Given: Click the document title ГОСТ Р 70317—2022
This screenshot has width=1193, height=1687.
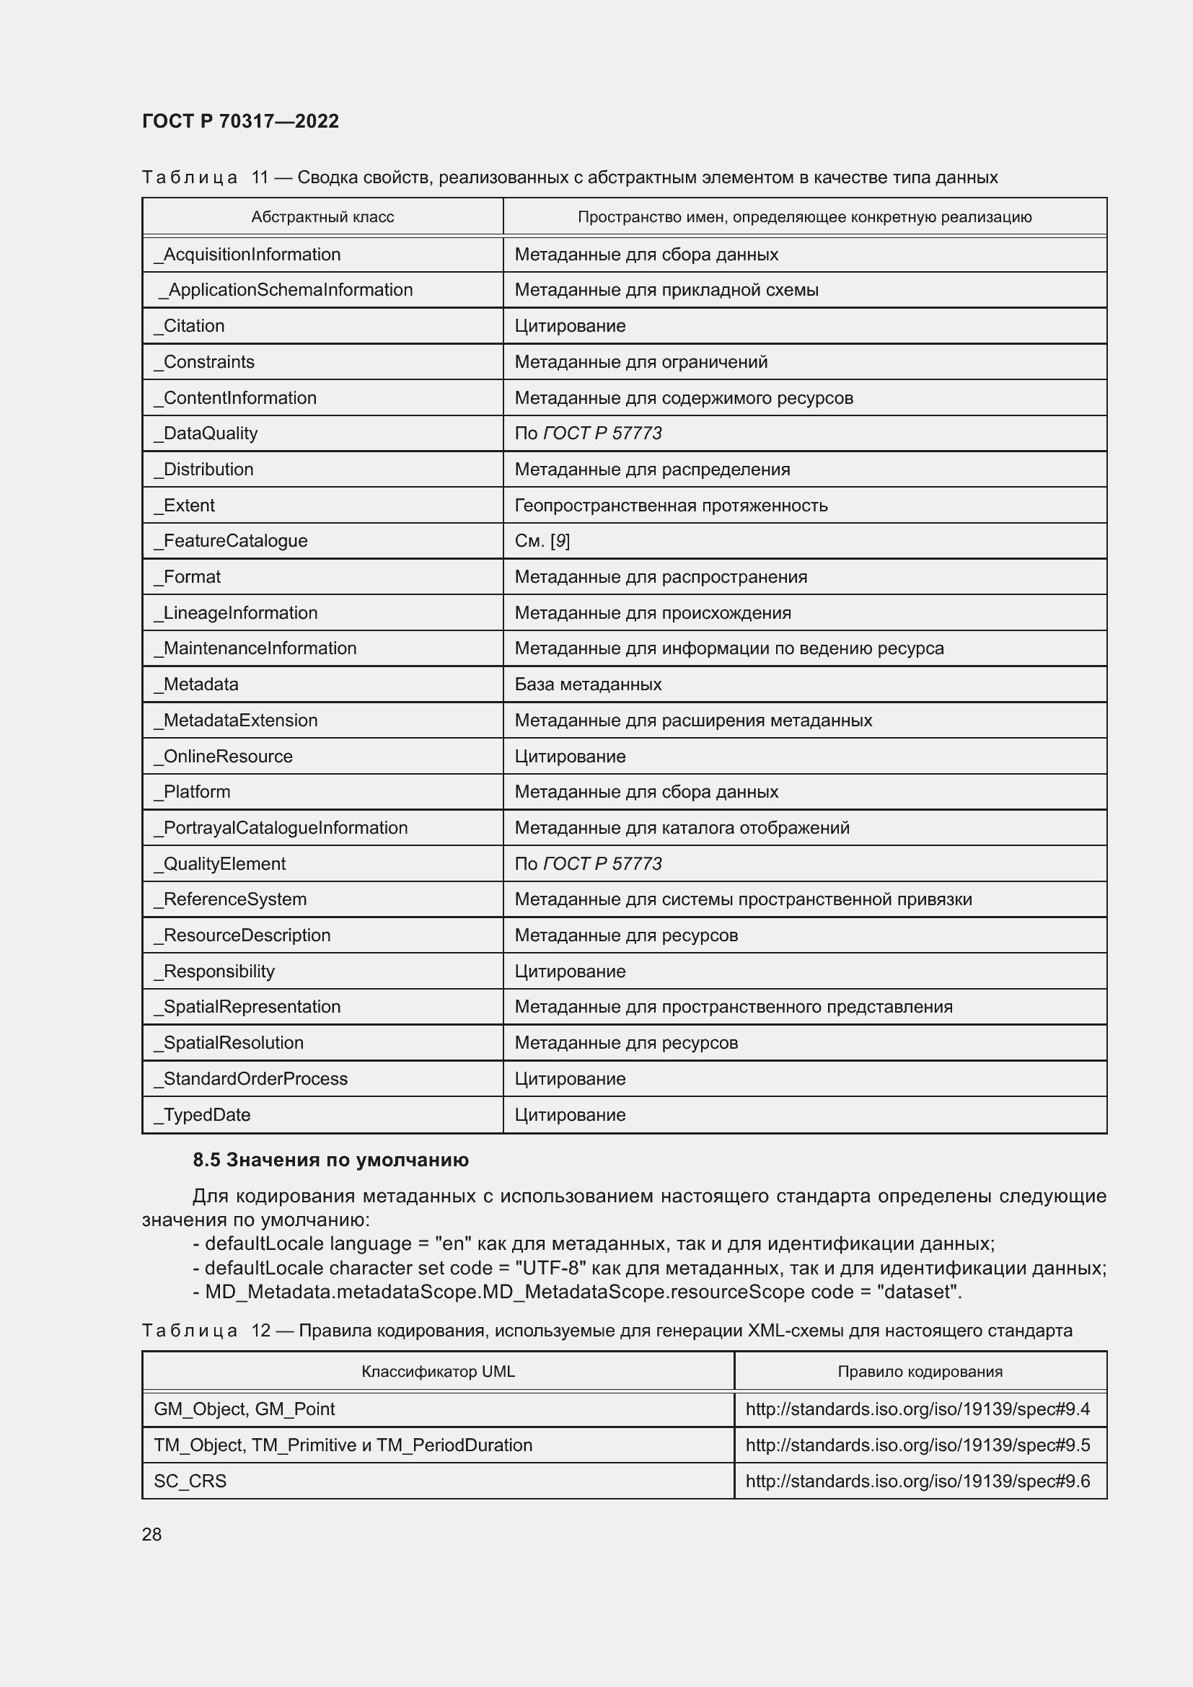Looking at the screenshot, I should (x=240, y=121).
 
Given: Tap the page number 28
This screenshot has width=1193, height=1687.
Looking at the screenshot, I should (x=151, y=1534).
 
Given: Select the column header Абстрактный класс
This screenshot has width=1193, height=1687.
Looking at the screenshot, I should (x=322, y=217).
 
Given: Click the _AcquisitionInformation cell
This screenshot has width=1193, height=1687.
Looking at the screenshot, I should (x=247, y=254).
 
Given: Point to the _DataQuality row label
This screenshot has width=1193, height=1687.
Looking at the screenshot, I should (x=206, y=433).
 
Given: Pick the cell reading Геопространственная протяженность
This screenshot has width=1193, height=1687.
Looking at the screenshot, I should (x=671, y=506).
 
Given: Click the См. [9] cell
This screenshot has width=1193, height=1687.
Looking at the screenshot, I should (x=542, y=541).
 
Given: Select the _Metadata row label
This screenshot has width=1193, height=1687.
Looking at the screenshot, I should (x=196, y=684).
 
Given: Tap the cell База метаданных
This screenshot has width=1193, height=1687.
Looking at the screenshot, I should (x=588, y=684).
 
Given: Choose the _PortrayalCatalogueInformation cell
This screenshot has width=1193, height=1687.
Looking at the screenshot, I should (x=281, y=828).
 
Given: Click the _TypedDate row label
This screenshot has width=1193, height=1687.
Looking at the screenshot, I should (x=202, y=1114).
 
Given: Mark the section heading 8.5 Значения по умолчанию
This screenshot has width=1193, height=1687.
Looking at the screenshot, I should (x=330, y=1160).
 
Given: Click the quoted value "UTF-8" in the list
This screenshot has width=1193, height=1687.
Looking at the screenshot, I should (x=550, y=1268).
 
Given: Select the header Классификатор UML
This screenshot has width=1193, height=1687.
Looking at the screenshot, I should (x=438, y=1372).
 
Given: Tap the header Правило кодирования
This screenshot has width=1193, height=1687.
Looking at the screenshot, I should (x=920, y=1372).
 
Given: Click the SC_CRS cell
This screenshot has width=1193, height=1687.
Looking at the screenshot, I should (x=190, y=1481).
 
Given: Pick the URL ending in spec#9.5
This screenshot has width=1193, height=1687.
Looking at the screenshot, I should (x=917, y=1445).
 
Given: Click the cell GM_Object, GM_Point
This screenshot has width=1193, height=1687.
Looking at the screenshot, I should (x=244, y=1409).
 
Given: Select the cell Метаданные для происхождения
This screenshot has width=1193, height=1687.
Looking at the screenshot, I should (x=652, y=613).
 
